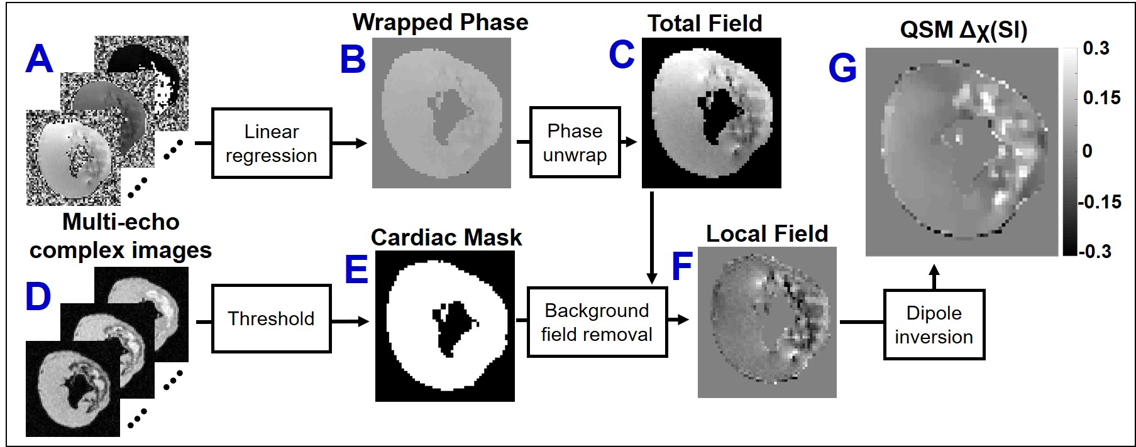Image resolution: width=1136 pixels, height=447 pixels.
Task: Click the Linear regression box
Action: [271, 143]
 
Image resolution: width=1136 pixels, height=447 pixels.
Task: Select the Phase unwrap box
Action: [575, 143]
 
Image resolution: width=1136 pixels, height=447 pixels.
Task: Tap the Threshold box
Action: [271, 318]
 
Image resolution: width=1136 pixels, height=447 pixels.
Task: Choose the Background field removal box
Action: [597, 322]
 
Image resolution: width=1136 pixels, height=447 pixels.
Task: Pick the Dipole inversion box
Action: [934, 325]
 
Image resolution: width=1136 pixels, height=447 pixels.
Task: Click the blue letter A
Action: [39, 59]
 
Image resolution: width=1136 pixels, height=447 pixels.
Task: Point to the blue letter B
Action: [353, 60]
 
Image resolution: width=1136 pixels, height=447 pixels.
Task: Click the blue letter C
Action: [622, 55]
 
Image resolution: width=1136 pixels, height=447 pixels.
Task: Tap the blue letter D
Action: [38, 296]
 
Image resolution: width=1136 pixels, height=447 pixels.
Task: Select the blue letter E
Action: [356, 269]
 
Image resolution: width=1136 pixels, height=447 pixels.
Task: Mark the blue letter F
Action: [682, 266]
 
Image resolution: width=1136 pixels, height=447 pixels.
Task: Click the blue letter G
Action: [842, 68]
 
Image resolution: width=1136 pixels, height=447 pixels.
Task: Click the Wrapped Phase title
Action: [440, 22]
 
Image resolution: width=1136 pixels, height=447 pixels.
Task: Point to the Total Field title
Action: [705, 24]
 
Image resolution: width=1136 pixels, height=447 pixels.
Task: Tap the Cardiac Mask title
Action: [446, 237]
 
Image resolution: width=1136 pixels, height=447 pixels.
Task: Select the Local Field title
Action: [767, 234]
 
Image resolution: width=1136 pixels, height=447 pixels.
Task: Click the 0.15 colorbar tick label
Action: [1101, 97]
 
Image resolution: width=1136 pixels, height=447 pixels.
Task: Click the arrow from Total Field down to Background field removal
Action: [652, 239]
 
